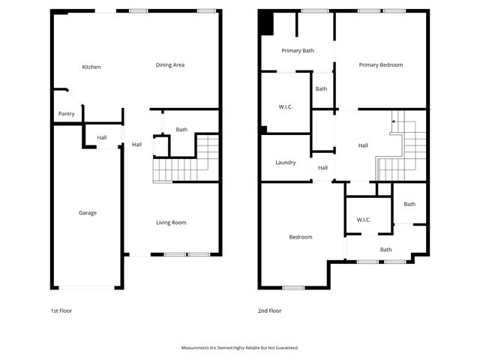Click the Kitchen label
click(91, 67)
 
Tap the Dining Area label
click(170, 65)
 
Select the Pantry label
click(66, 114)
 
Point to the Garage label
click(88, 213)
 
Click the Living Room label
click(171, 223)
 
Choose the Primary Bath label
click(298, 51)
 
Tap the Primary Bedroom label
click(380, 65)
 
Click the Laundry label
click(286, 163)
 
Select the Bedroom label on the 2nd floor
click(301, 237)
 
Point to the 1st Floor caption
click(61, 310)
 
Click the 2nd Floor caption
click(269, 310)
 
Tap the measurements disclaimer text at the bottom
click(240, 348)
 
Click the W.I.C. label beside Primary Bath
click(285, 107)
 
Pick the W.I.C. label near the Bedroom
click(364, 220)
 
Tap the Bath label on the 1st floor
click(181, 130)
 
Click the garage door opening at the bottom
click(86, 288)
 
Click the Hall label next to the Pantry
click(101, 137)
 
